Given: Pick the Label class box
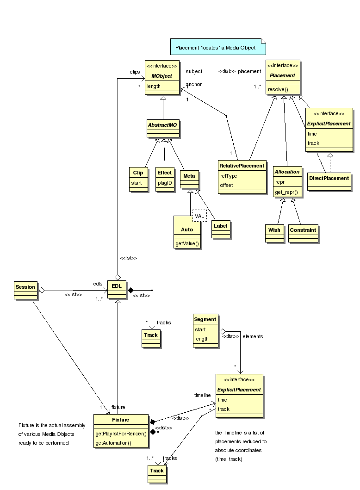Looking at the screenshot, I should click(221, 228).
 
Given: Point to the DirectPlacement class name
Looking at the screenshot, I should click(329, 178).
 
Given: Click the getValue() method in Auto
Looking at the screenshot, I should click(187, 243).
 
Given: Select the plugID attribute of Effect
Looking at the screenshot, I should click(164, 183).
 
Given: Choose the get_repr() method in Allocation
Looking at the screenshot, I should click(286, 192).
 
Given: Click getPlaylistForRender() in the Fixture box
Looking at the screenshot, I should click(121, 434).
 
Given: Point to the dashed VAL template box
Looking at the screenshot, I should click(199, 216).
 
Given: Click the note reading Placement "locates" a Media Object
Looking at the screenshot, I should click(216, 48).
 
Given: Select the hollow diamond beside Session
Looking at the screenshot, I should click(41, 290).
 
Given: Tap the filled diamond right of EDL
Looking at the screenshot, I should click(130, 290).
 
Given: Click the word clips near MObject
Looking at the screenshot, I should click(135, 72).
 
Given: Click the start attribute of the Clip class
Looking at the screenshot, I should click(137, 183).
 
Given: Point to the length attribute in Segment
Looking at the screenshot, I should click(201, 339).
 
